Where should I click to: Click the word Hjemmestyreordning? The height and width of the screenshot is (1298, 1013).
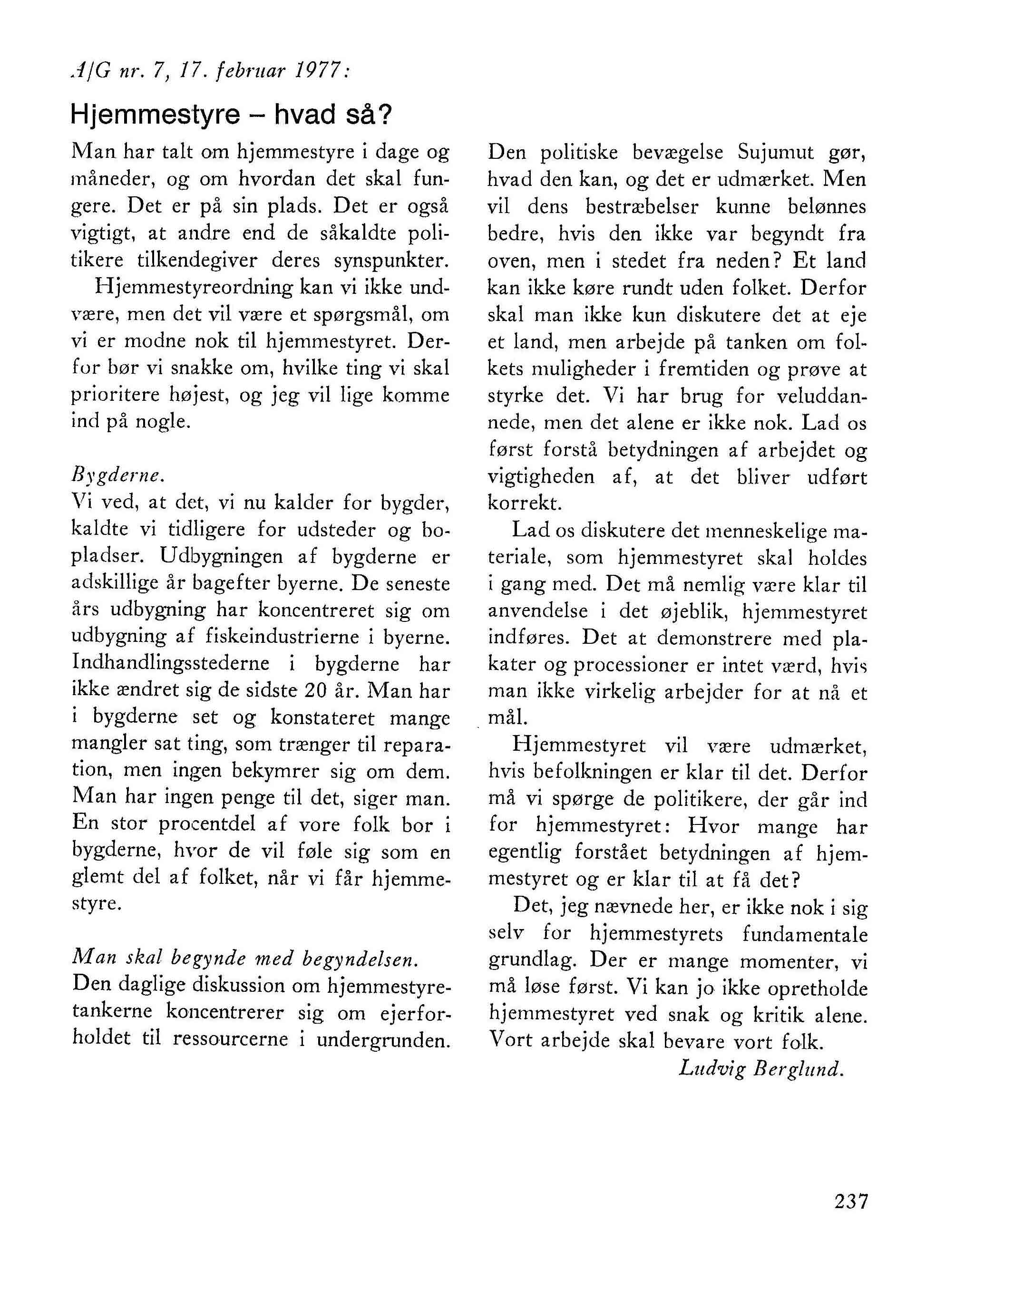195,288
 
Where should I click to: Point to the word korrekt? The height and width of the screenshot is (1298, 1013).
524,504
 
